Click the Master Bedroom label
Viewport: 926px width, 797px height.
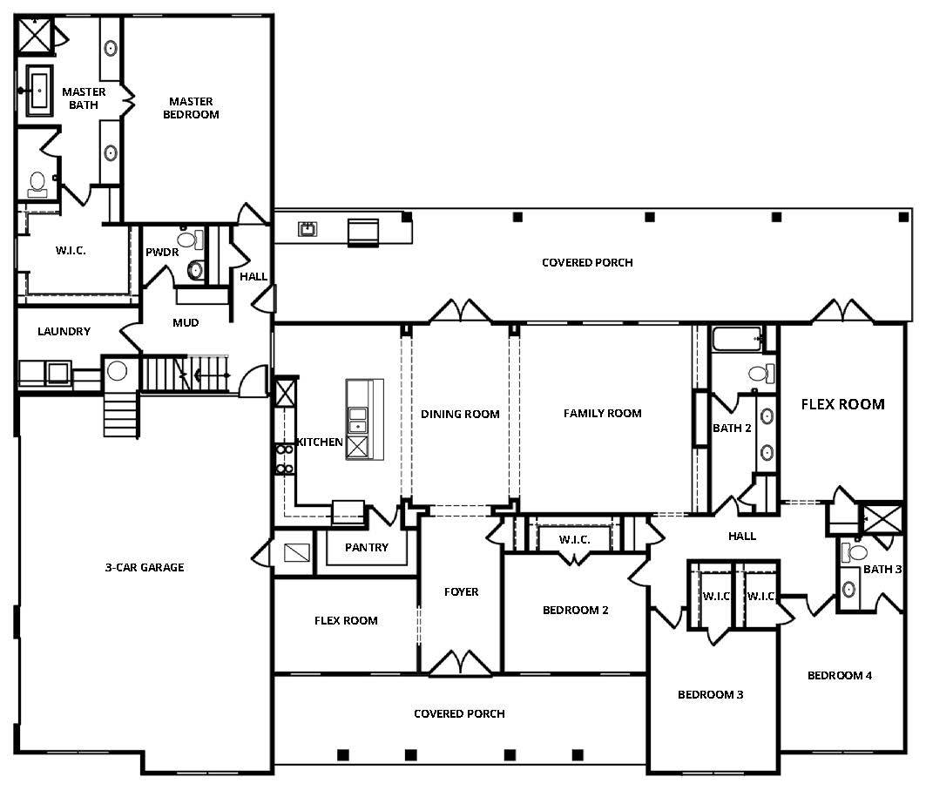click(x=191, y=108)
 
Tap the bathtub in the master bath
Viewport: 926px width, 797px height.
click(x=39, y=91)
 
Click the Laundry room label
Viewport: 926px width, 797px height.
click(x=64, y=331)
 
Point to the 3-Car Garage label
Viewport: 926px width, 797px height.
click(x=145, y=567)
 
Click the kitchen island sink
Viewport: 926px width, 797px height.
click(x=357, y=419)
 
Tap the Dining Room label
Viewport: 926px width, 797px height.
click(x=460, y=414)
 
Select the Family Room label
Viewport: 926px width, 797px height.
click(x=602, y=413)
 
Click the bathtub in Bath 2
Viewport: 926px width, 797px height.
click(x=738, y=339)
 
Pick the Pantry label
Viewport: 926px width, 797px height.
click(x=367, y=547)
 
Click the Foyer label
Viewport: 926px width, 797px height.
click(x=461, y=591)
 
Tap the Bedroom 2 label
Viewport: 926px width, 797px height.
click(x=575, y=610)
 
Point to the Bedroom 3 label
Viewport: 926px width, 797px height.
click(x=711, y=694)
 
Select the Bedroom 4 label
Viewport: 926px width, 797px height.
click(x=840, y=675)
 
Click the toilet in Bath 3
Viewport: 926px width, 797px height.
click(x=854, y=552)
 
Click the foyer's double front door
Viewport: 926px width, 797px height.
click(x=461, y=662)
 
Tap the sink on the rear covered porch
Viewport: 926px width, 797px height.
click(x=308, y=229)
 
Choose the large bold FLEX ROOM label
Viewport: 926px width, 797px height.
click(x=842, y=404)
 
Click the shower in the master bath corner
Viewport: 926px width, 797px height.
click(x=35, y=36)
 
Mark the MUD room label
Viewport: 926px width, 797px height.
click(x=186, y=323)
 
